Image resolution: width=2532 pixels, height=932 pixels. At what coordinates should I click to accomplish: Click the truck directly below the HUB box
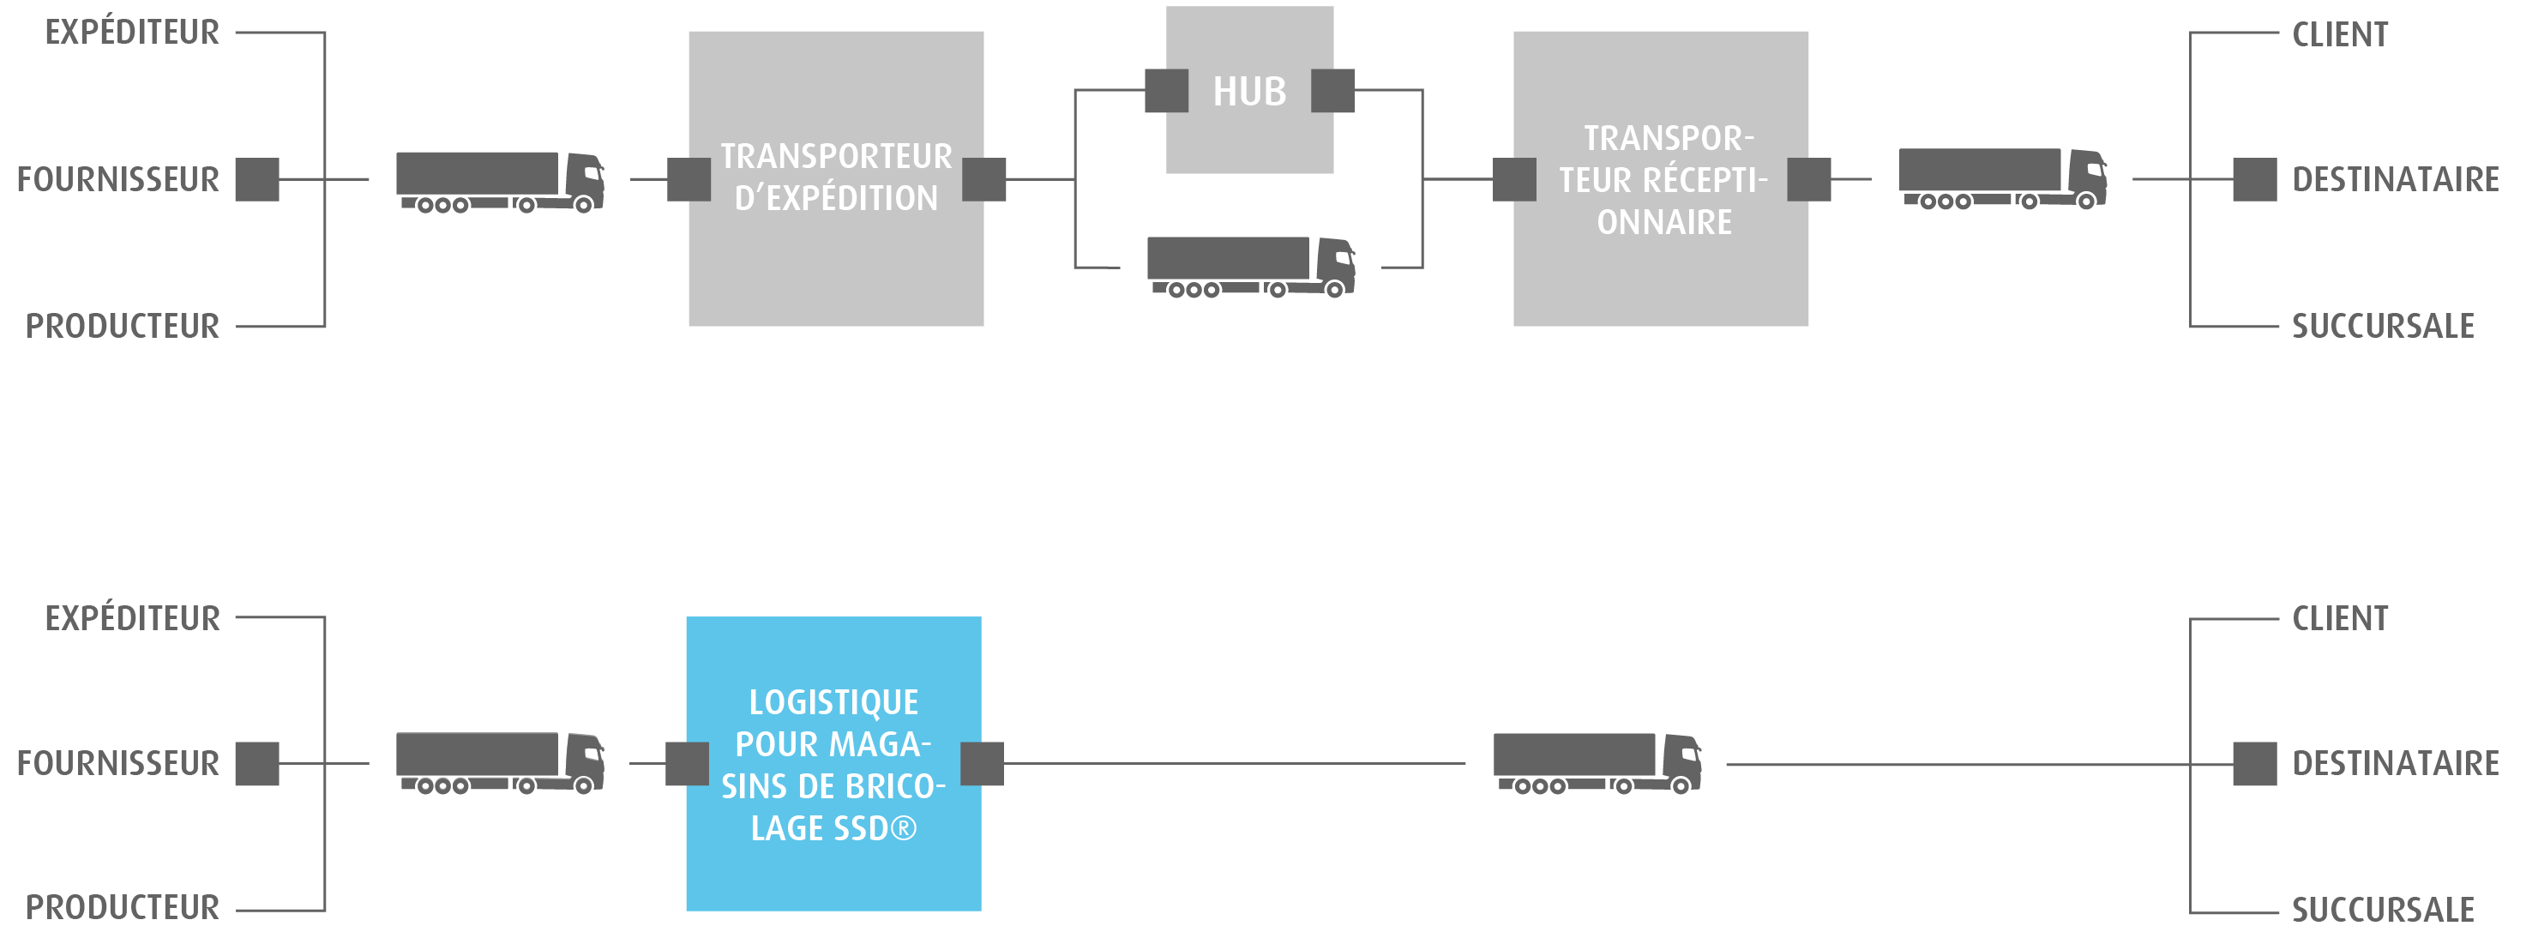tap(1250, 266)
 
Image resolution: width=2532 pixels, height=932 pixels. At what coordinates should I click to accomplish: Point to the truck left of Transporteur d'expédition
tap(499, 181)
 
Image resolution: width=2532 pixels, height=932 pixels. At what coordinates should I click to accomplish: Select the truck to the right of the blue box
tap(1597, 763)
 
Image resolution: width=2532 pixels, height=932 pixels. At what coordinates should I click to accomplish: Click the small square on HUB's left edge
tap(1167, 90)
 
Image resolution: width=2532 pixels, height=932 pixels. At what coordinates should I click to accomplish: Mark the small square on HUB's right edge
tap(1332, 90)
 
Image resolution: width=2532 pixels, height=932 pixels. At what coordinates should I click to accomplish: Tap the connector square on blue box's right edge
tap(982, 764)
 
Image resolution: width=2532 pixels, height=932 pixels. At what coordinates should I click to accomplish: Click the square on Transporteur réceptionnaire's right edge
tap(1808, 180)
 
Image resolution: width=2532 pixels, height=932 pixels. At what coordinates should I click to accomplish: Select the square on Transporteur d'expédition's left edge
tap(689, 180)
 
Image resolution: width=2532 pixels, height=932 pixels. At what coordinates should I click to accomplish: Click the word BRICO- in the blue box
tap(889, 786)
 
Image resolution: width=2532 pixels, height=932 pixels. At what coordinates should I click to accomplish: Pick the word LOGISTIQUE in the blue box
tap(833, 702)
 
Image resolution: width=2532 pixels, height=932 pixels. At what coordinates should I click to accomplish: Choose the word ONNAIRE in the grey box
tap(1664, 222)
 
